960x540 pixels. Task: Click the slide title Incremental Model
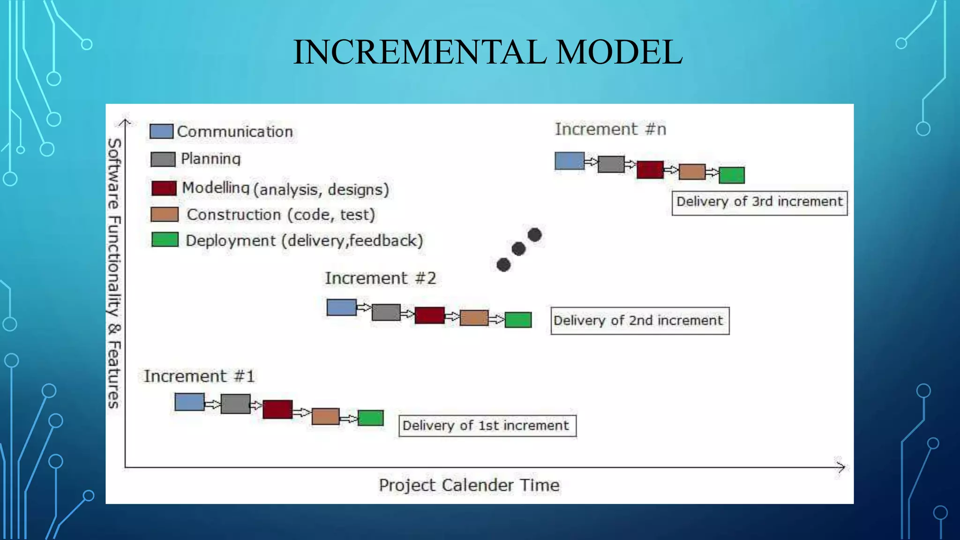(487, 52)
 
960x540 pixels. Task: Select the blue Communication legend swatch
(161, 131)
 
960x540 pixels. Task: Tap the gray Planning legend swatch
(163, 159)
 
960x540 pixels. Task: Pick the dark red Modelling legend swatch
(164, 188)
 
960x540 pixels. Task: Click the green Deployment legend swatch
(165, 240)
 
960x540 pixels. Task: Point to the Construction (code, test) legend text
(281, 215)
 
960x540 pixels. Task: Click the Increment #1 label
(199, 376)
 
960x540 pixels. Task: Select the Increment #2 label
(380, 278)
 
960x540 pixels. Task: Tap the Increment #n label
(610, 129)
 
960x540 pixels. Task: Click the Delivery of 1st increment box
(487, 426)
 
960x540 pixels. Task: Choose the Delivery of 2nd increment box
(639, 321)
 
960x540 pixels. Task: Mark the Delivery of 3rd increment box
(759, 202)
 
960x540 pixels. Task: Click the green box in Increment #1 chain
(370, 418)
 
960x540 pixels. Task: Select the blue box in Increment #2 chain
(341, 307)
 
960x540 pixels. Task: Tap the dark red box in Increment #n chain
(650, 170)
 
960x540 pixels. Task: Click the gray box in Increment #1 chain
(235, 404)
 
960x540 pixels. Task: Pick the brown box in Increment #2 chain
(474, 318)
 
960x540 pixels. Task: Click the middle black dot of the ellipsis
(518, 249)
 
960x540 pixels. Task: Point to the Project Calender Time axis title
(469, 485)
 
